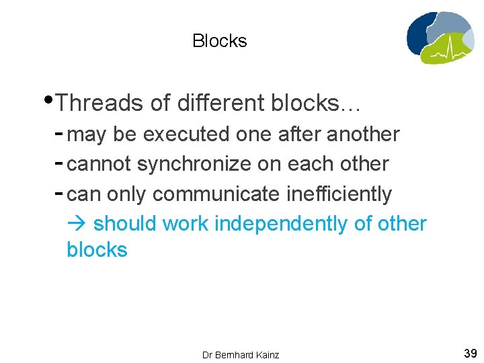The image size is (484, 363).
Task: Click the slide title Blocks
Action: pos(219,41)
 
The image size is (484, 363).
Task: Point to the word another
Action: pos(363,134)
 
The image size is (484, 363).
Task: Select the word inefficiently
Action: pos(339,194)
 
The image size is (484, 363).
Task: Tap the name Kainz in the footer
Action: pos(267,355)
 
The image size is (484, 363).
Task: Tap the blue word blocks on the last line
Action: pos(97,250)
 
